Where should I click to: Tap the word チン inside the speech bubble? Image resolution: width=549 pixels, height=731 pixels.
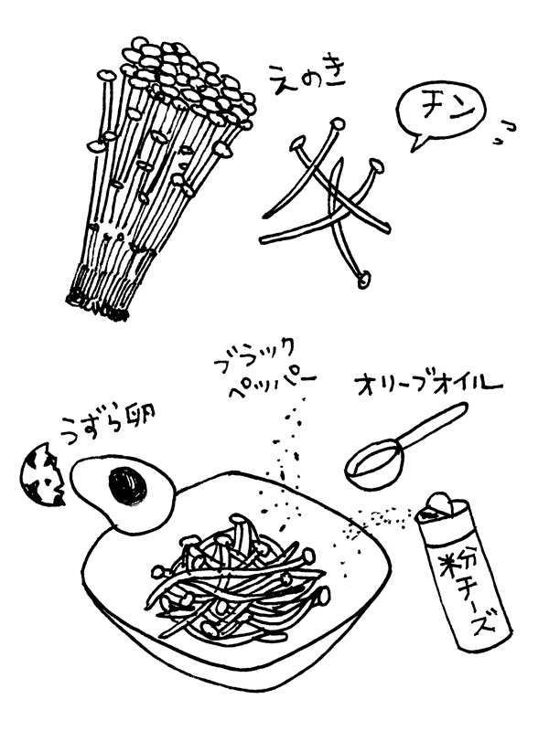point(441,109)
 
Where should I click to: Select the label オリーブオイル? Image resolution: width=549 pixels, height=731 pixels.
point(428,384)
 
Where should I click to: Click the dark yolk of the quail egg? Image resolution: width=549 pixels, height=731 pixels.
point(127,487)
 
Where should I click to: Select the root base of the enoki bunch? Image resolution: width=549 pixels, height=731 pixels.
point(96,302)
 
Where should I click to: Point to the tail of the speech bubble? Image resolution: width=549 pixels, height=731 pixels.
point(417,143)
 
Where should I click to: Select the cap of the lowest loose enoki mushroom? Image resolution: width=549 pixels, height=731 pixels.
point(364,279)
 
